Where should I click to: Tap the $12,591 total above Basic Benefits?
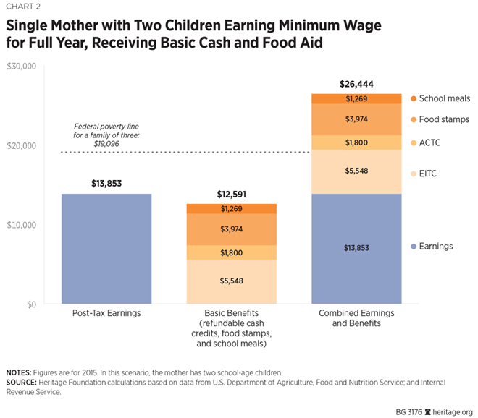(231, 195)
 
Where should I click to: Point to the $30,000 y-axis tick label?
(21, 67)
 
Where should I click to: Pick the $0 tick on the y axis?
(28, 304)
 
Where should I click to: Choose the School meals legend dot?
(414, 98)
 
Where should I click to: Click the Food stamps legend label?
(445, 119)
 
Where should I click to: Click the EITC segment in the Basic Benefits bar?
(231, 281)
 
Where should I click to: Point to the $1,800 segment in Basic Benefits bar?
(231, 252)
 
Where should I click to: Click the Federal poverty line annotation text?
(106, 135)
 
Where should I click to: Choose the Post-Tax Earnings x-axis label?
(106, 315)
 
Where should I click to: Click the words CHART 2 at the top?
(24, 7)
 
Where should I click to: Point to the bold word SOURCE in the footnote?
(22, 381)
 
